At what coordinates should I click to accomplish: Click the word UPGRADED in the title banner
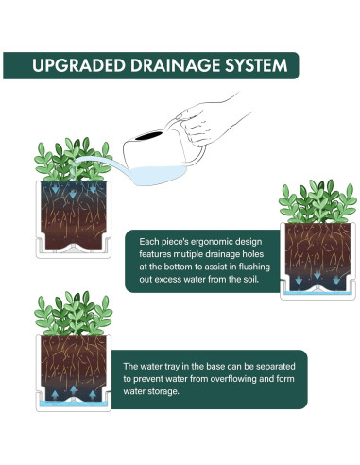click(78, 65)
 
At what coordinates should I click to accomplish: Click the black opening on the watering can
click(148, 136)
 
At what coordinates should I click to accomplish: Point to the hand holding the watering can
click(205, 123)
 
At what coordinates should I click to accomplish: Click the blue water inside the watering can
click(159, 175)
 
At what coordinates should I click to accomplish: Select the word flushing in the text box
click(254, 267)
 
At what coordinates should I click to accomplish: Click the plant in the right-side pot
click(317, 201)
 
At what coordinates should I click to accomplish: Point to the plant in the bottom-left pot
click(73, 314)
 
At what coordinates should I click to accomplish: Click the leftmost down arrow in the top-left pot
click(55, 189)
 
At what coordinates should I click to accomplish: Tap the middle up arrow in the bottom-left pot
click(74, 390)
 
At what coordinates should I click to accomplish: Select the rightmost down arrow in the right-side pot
click(336, 281)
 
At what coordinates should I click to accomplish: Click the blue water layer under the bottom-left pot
click(74, 404)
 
